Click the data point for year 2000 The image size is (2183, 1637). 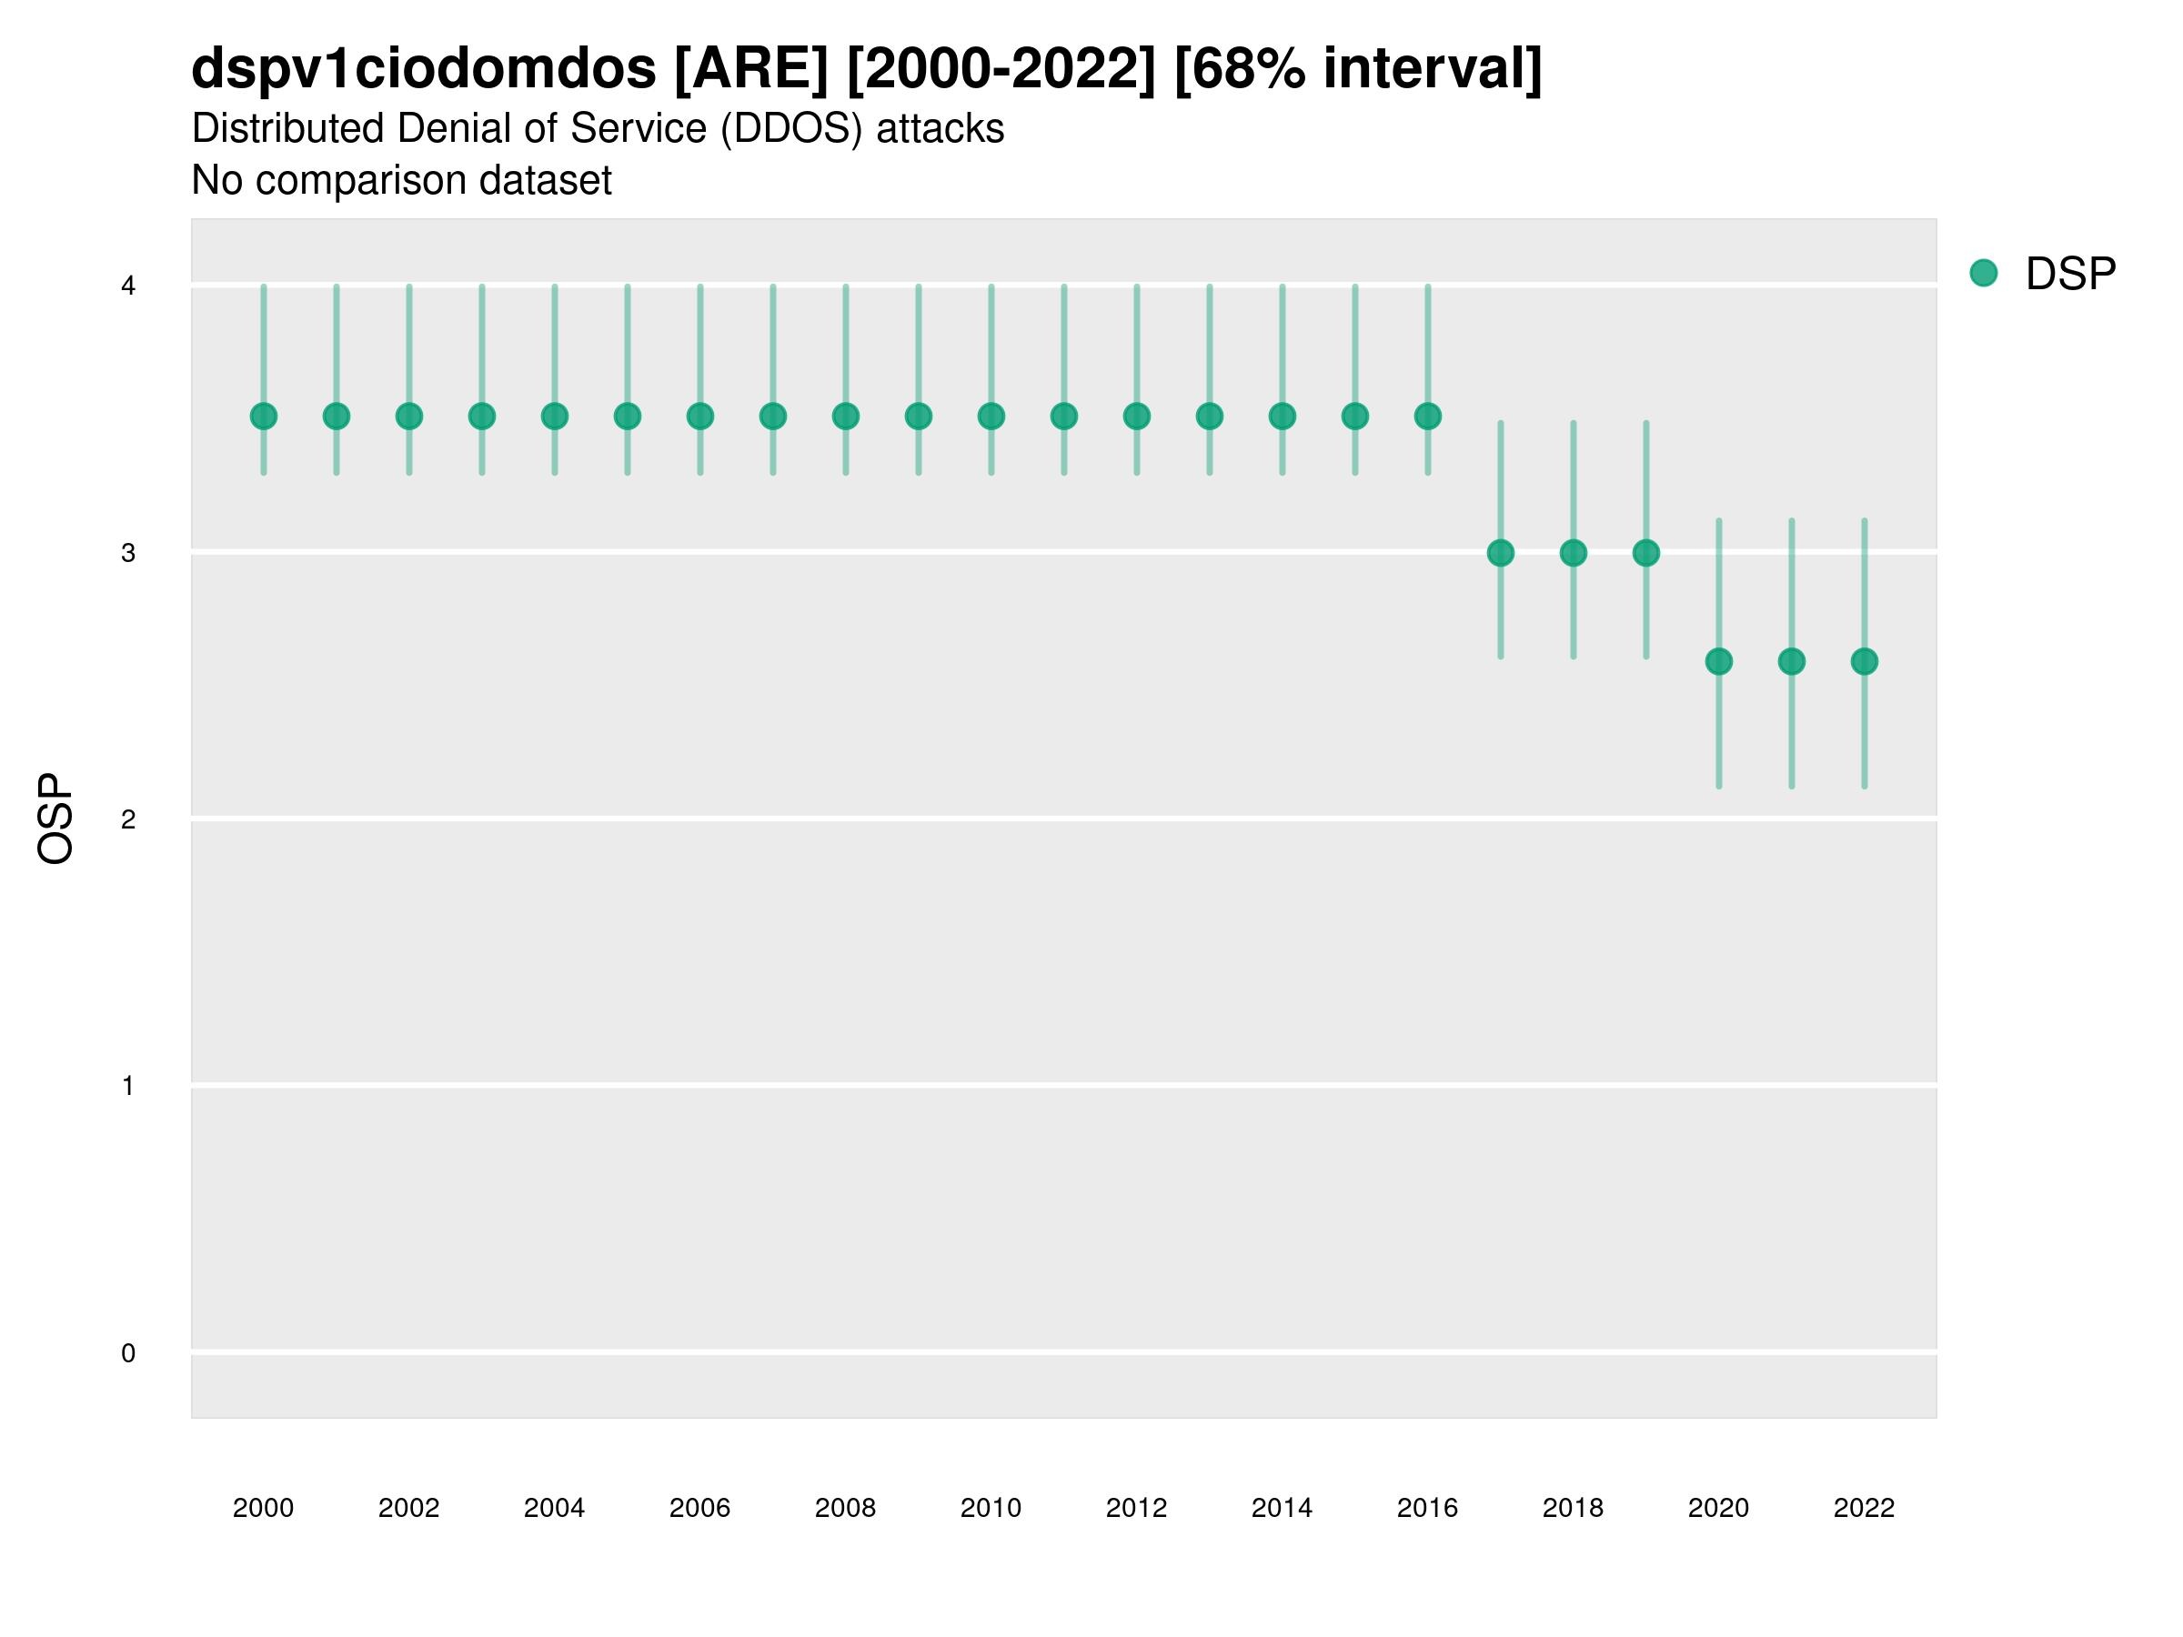click(x=264, y=417)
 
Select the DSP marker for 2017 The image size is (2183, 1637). click(x=1500, y=553)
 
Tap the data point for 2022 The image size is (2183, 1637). click(x=1865, y=661)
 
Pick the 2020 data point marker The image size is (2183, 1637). click(x=1718, y=661)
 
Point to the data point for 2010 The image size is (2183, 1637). click(x=991, y=417)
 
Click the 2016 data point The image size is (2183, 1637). click(x=1428, y=417)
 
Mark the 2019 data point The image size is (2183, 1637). click(x=1646, y=553)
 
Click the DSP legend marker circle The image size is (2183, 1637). click(x=1984, y=274)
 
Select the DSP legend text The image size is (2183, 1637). click(x=2070, y=275)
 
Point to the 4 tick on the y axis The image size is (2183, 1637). click(x=128, y=286)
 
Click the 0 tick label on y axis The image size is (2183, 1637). click(x=128, y=1353)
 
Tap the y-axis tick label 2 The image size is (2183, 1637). click(x=128, y=819)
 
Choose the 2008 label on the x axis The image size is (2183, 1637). click(x=846, y=1508)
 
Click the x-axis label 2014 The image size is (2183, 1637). click(x=1282, y=1508)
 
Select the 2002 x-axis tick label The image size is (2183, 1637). click(x=408, y=1508)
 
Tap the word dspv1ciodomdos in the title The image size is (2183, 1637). click(x=423, y=68)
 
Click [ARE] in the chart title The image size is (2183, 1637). click(x=751, y=68)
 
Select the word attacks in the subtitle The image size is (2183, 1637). click(x=940, y=129)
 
